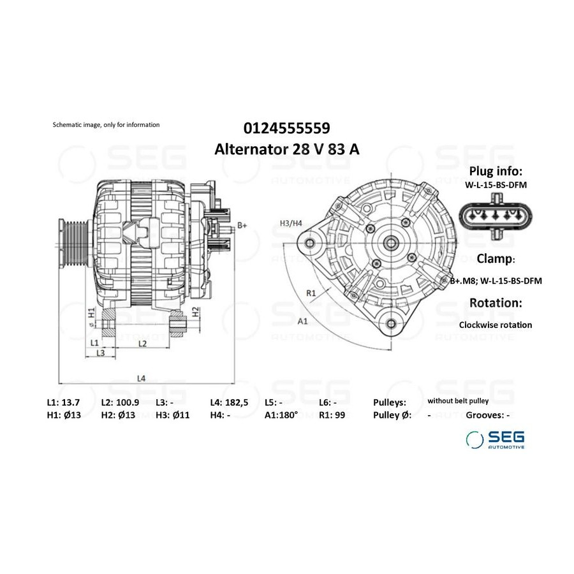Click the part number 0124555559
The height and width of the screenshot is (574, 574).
[x=286, y=128]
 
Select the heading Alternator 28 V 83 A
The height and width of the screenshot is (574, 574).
[x=286, y=149]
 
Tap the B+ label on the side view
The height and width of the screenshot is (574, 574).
[x=242, y=226]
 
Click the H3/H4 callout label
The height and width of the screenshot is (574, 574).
[x=291, y=223]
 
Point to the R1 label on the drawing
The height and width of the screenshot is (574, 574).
[x=311, y=293]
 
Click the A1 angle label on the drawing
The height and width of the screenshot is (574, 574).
[x=303, y=321]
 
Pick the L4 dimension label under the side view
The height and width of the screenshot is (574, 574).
[x=142, y=378]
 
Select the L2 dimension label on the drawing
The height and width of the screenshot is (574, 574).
[x=142, y=343]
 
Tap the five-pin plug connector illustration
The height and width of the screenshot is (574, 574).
[x=496, y=216]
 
